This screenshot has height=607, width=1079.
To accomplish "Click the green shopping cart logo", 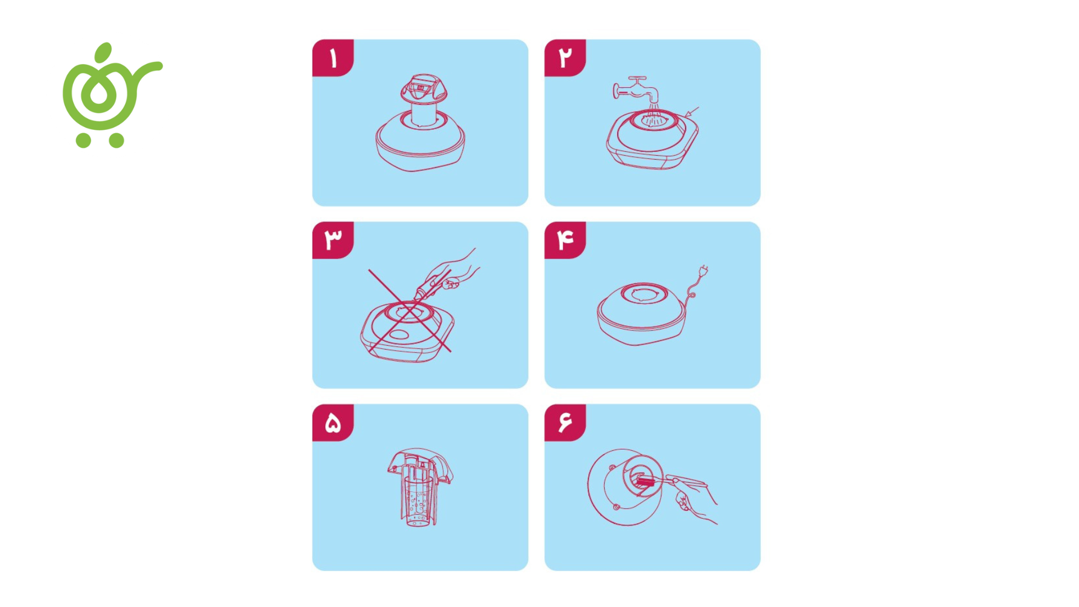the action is coord(110,96).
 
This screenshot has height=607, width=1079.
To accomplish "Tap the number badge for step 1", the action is coord(333,58).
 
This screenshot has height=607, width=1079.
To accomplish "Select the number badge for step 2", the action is coord(565,58).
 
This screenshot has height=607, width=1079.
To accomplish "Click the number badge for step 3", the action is coord(333,240).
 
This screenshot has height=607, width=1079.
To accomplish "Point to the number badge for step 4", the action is coord(565,240).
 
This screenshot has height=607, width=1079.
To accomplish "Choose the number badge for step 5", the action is coord(333,423).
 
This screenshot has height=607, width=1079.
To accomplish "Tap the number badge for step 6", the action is coord(565,423).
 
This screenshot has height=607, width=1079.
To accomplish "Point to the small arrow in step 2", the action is coord(692,112).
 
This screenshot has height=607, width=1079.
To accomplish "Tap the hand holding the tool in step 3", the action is coord(455,270).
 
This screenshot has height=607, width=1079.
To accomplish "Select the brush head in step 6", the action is coord(644,481).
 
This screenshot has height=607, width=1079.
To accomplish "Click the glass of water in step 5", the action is coord(419,500).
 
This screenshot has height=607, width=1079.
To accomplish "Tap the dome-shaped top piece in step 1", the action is coord(424,89).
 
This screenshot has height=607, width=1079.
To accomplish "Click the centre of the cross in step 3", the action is coord(409,310).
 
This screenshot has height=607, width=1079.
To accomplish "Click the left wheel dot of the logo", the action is coord(83,140).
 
